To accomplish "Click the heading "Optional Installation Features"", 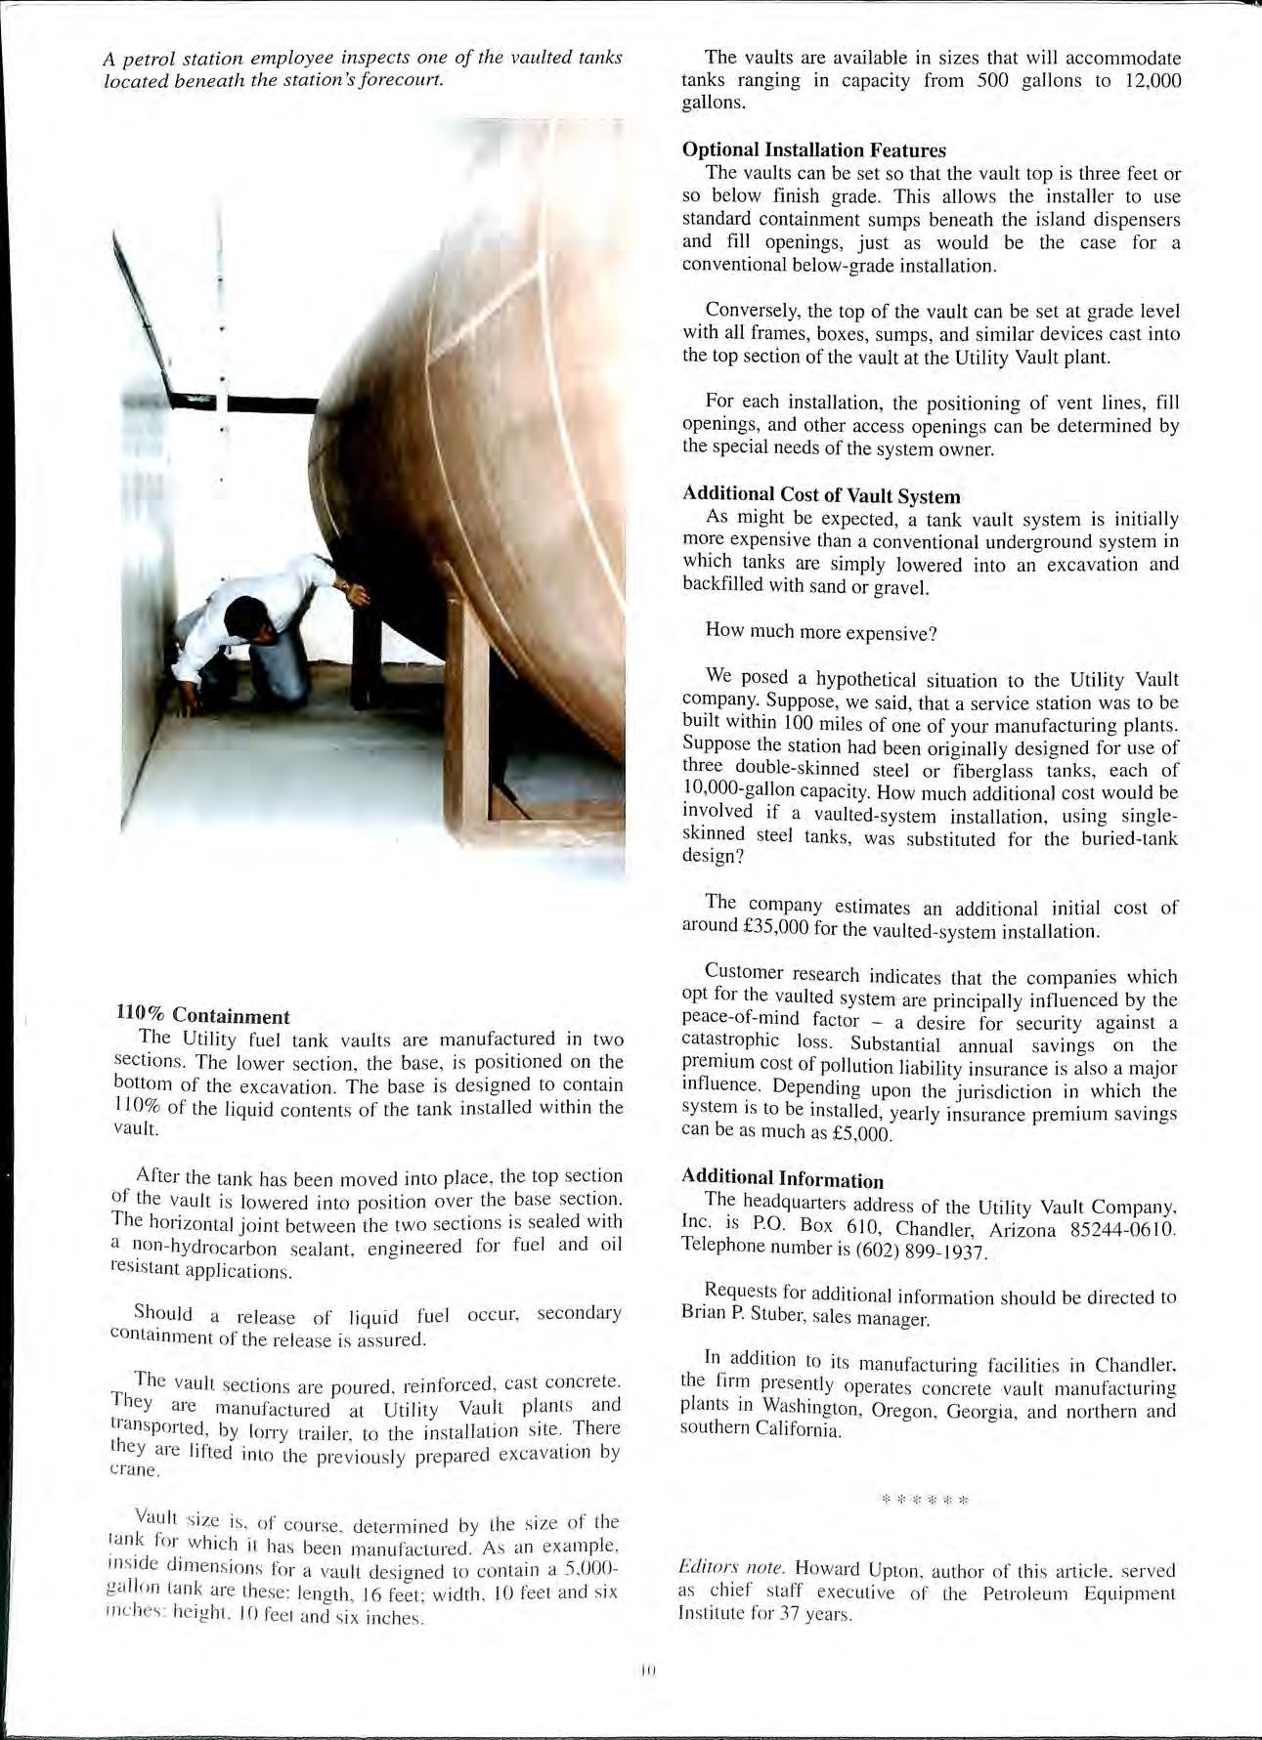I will pos(813,150).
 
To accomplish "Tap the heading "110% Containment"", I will pos(201,1016).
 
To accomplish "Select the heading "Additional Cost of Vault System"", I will pos(821,495).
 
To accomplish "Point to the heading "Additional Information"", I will pos(782,1179).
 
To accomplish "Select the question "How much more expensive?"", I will pos(821,633).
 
